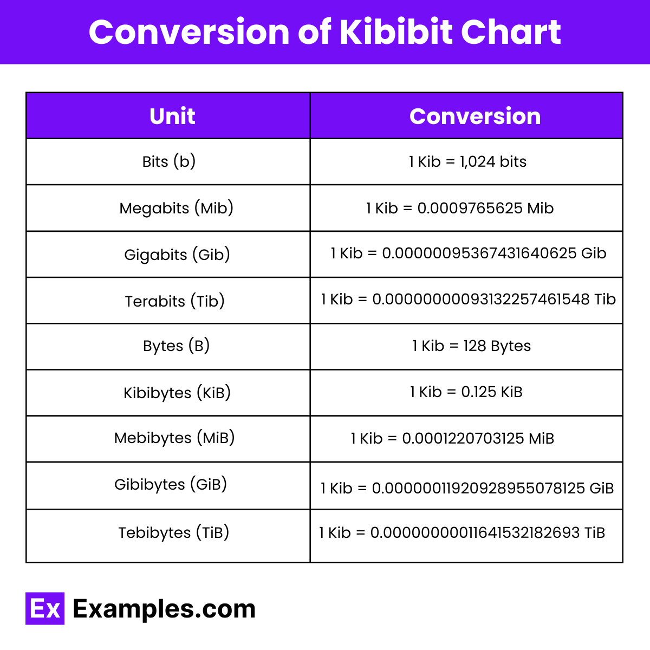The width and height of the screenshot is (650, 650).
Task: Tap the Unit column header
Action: tap(172, 116)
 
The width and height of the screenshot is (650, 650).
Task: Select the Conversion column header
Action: tap(475, 116)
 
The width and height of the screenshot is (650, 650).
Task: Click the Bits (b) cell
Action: tap(168, 161)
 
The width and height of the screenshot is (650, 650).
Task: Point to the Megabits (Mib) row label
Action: tap(176, 208)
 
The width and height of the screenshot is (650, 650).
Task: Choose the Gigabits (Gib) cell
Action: tap(177, 255)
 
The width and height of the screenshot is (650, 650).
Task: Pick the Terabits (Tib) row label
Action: tap(174, 301)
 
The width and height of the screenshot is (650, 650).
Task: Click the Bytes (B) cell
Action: tap(176, 346)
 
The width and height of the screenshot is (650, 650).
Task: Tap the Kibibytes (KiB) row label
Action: tap(177, 393)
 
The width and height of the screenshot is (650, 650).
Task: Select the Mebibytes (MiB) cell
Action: tap(174, 438)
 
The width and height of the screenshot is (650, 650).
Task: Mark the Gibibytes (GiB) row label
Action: tap(171, 484)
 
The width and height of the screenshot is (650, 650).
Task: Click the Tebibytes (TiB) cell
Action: tap(174, 533)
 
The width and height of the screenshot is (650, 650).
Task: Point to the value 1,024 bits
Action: tap(493, 161)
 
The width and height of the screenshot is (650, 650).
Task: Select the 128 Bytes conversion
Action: tap(497, 346)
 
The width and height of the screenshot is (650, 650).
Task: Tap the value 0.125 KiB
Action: tap(491, 392)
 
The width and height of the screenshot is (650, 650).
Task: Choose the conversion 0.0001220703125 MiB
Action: tap(478, 438)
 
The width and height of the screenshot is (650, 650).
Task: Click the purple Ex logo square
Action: tap(45, 608)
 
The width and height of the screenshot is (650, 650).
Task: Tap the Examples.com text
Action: tap(164, 609)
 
